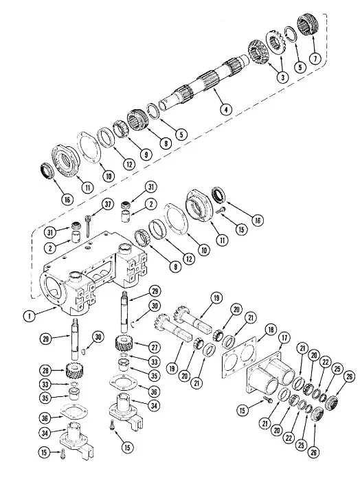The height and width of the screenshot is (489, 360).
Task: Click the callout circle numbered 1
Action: [x=30, y=316]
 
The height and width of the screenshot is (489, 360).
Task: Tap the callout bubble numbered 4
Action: [x=226, y=109]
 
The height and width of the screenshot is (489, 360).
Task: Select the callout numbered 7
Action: [x=315, y=58]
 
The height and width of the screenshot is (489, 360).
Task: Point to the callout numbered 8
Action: [x=166, y=143]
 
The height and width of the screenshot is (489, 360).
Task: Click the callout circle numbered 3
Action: [x=282, y=77]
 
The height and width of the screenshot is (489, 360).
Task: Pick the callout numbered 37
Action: [x=108, y=204]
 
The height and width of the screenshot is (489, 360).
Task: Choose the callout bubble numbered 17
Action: [x=284, y=337]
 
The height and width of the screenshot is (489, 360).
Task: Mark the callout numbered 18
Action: [x=270, y=330]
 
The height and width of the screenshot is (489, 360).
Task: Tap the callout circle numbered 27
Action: [x=155, y=347]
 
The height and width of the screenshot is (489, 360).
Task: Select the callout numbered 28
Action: [x=45, y=370]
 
